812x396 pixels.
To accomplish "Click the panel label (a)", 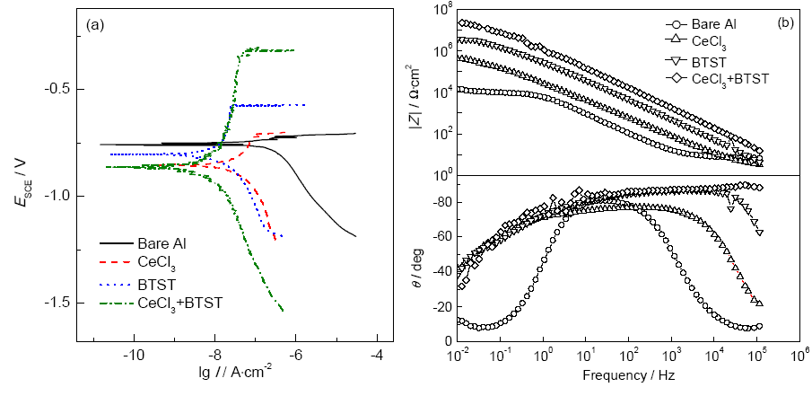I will pos(96,25).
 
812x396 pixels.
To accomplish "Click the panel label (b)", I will pos(784,22).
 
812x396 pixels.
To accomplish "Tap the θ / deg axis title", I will pos(415,259).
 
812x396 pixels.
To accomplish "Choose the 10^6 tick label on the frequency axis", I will pos(795,356).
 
